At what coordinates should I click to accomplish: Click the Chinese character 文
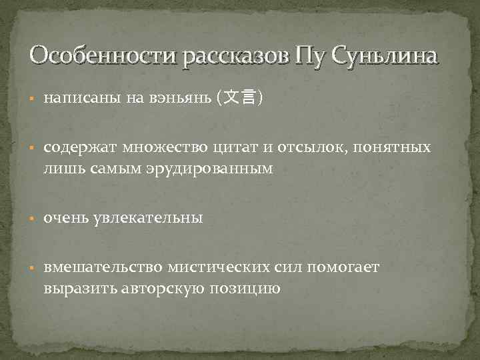click(x=231, y=99)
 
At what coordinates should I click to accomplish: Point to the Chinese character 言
click(x=249, y=99)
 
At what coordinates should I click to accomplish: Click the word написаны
click(x=81, y=99)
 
